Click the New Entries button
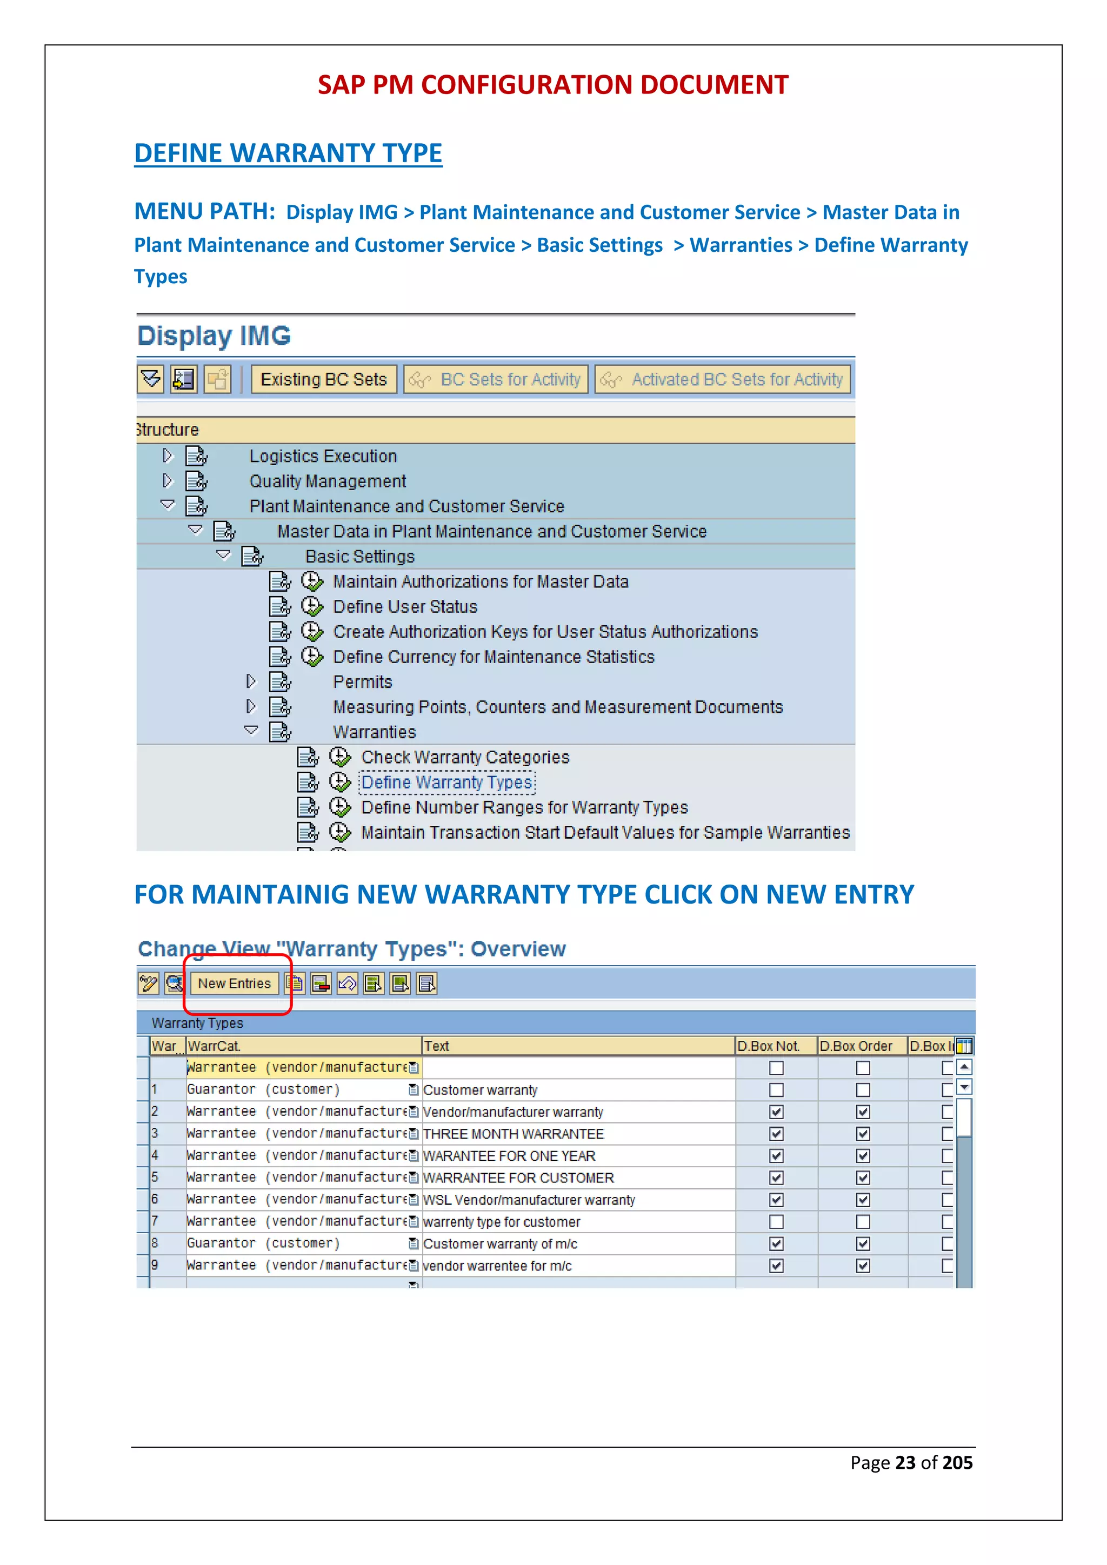pos(234,983)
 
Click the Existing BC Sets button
pos(324,380)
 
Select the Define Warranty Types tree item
pos(446,782)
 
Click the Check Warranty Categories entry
pos(465,757)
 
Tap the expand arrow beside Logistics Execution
pos(168,456)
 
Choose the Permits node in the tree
pos(362,683)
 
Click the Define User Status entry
pos(405,607)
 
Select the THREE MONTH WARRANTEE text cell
pos(514,1134)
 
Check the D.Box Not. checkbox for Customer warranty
pos(776,1090)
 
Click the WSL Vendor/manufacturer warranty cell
pos(529,1200)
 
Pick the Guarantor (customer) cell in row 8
pos(263,1243)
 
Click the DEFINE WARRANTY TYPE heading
pos(288,153)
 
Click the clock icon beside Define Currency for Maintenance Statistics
pos(312,657)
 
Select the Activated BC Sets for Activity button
pos(723,380)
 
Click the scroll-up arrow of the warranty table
pos(964,1067)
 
